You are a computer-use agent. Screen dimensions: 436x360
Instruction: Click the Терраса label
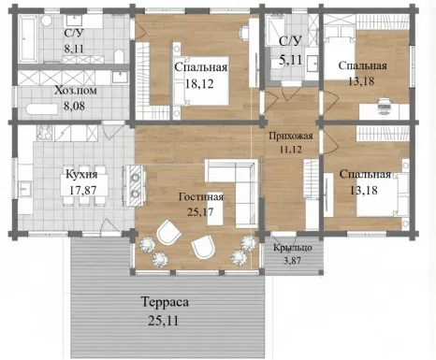pos(165,302)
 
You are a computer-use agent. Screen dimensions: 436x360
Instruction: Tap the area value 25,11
pos(164,321)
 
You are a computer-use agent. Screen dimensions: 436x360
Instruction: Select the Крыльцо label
pos(293,248)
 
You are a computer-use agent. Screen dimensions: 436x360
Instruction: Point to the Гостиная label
pos(201,197)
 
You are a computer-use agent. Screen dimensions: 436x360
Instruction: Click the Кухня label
pos(81,174)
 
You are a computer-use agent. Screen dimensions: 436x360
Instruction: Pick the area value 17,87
pos(82,190)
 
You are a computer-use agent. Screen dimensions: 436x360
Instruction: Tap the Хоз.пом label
pos(76,91)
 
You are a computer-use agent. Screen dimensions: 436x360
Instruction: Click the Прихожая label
pos(291,136)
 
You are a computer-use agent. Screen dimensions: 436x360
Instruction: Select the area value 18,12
pos(199,83)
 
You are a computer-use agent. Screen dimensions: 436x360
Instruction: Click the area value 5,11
pos(291,59)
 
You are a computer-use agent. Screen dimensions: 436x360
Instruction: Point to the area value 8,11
pos(74,49)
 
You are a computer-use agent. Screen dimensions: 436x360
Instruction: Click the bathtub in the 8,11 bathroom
pos(28,38)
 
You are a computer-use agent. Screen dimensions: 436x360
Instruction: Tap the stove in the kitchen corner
pos(45,133)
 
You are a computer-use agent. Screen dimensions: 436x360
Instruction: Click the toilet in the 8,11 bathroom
pos(119,56)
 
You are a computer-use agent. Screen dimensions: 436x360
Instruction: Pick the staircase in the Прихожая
pos(311,179)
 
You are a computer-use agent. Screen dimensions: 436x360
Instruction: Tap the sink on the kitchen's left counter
pos(24,189)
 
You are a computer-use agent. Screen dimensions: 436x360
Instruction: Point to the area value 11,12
pos(290,149)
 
